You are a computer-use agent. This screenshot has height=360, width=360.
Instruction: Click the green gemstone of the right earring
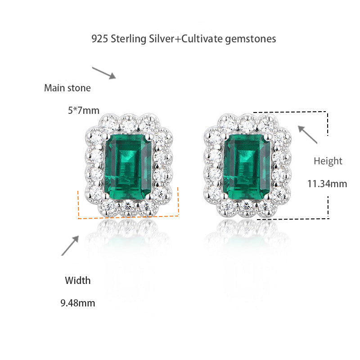click(247, 167)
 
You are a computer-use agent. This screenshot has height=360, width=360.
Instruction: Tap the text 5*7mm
click(83, 110)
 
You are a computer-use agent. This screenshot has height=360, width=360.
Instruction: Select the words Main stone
click(67, 88)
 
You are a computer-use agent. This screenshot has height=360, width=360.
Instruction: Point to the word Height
click(328, 161)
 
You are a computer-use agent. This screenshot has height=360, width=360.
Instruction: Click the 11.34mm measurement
click(327, 184)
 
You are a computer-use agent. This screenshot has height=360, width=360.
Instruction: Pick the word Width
click(77, 281)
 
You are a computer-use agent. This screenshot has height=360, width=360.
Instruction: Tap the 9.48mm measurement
click(77, 303)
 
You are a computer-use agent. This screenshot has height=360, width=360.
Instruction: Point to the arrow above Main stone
click(104, 72)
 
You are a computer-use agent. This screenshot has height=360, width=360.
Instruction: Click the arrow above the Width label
click(71, 245)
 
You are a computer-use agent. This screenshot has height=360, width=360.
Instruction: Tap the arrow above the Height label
click(308, 135)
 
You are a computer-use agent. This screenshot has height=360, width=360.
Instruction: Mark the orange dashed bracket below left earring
click(128, 217)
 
